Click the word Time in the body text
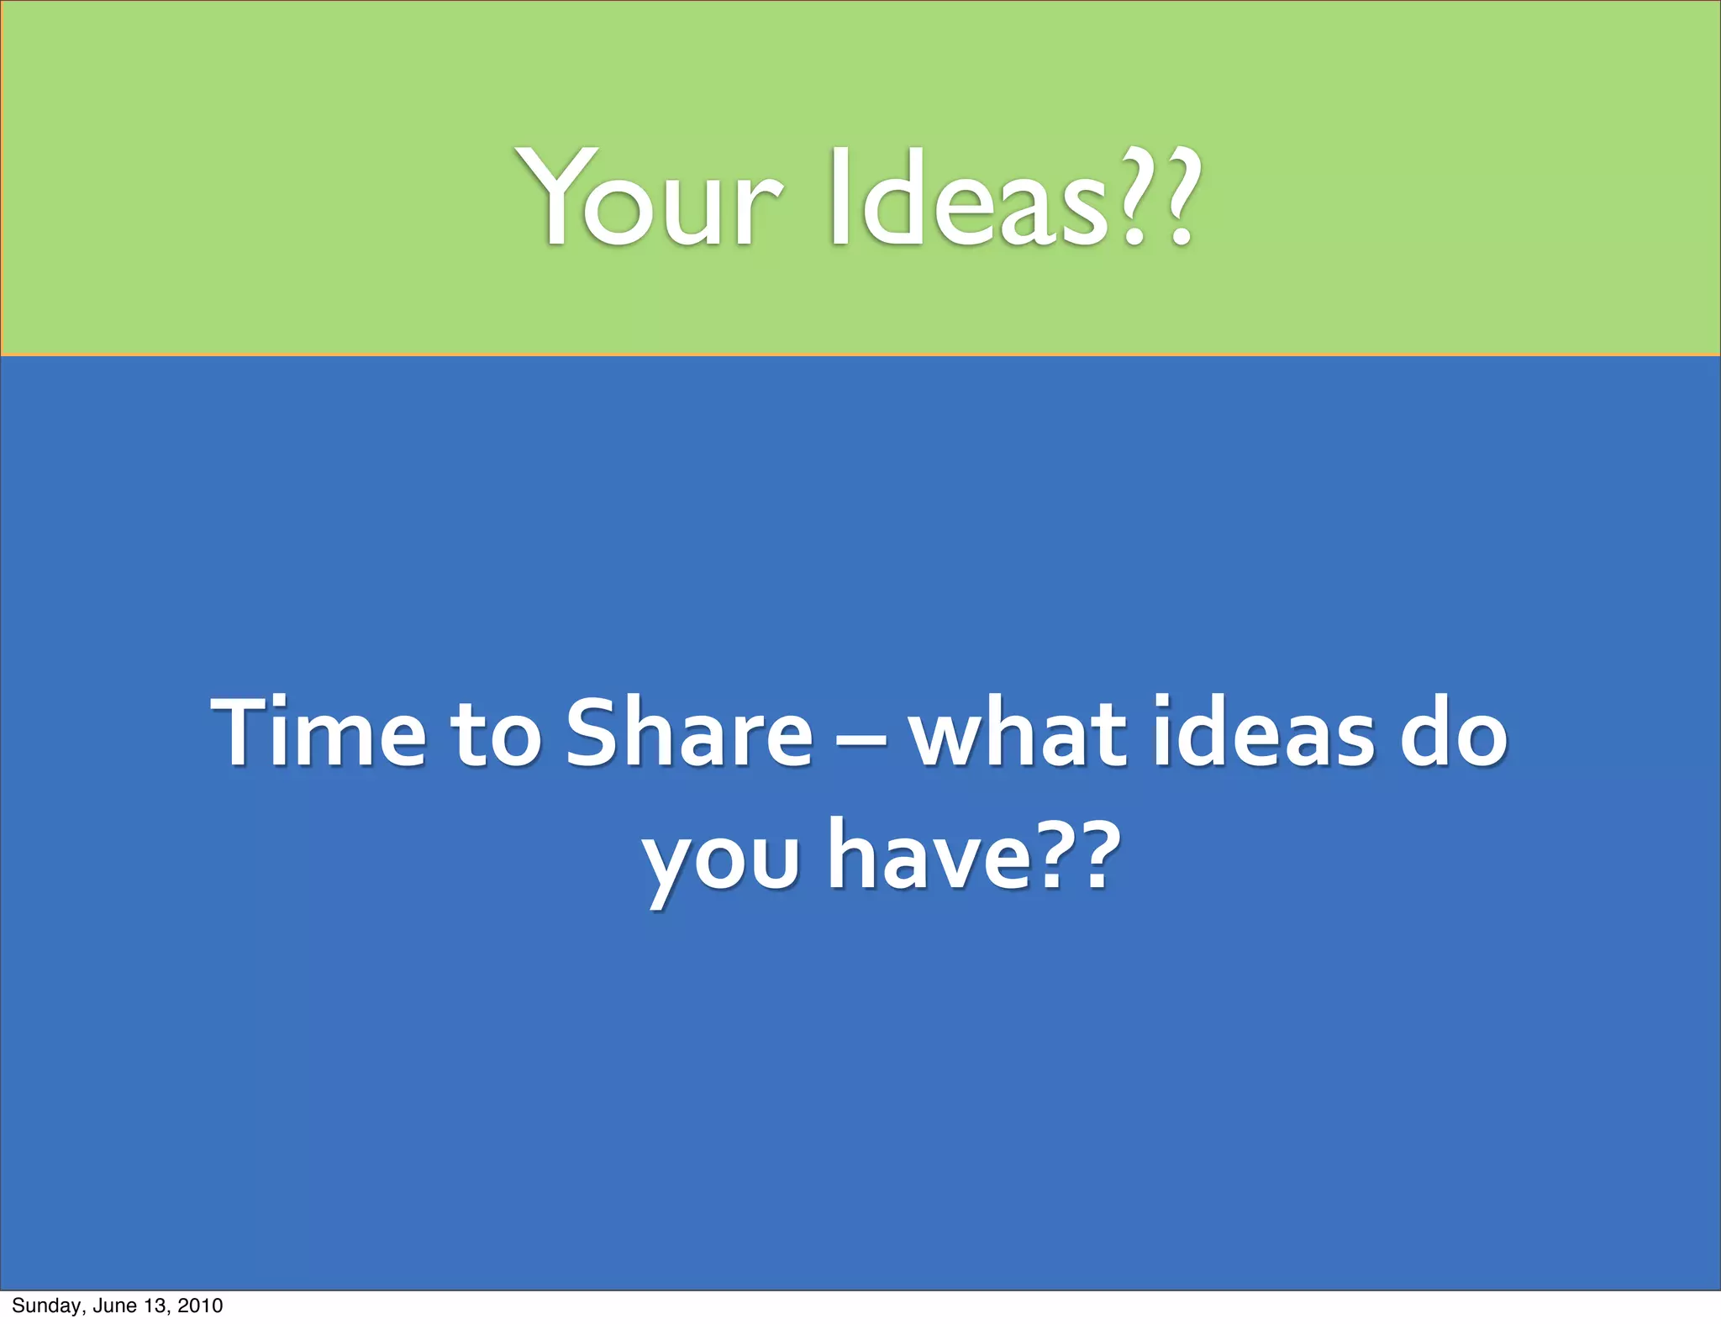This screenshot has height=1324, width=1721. [x=319, y=733]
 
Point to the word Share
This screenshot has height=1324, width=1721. [x=689, y=733]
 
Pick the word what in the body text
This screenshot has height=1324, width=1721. [x=1018, y=733]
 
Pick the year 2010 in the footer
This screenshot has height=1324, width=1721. [x=200, y=1306]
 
